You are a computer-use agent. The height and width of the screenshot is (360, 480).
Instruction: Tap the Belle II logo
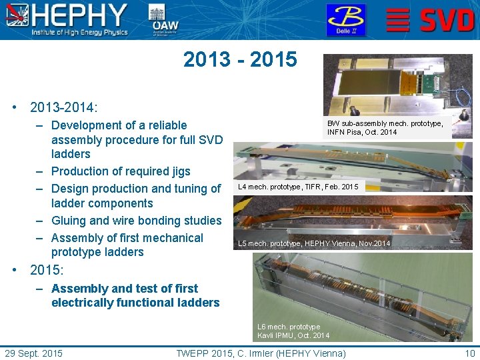pyautogui.click(x=345, y=19)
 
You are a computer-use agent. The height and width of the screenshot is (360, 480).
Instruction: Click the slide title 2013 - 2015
pyautogui.click(x=240, y=59)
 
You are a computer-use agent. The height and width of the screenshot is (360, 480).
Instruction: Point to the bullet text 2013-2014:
pyautogui.click(x=64, y=107)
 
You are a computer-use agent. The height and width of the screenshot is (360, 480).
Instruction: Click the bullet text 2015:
pyautogui.click(x=47, y=271)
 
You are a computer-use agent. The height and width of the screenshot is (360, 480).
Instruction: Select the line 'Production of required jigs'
pyautogui.click(x=121, y=171)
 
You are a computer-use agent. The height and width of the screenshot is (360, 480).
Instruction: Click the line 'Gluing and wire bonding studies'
pyautogui.click(x=136, y=221)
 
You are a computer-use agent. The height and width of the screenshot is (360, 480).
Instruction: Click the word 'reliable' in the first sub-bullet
pyautogui.click(x=163, y=125)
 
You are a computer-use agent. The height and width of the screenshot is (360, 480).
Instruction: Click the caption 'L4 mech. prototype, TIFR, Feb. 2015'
pyautogui.click(x=298, y=187)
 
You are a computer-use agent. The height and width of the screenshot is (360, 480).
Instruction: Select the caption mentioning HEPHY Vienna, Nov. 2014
pyautogui.click(x=314, y=243)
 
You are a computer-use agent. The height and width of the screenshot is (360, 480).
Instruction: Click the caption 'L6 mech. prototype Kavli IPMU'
pyautogui.click(x=293, y=331)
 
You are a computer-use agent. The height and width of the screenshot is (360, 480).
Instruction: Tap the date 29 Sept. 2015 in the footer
pyautogui.click(x=34, y=353)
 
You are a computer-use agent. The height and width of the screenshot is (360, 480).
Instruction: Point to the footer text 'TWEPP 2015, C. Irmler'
pyautogui.click(x=261, y=353)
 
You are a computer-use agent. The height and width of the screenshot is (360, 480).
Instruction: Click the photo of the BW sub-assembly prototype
pyautogui.click(x=397, y=85)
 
